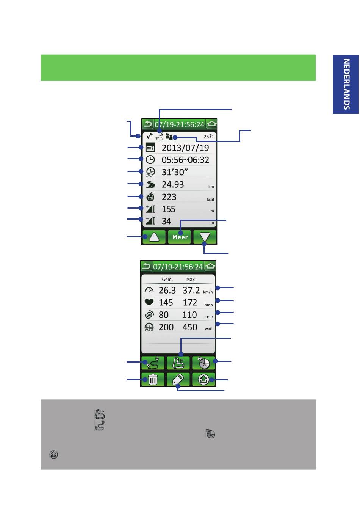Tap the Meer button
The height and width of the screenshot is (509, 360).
pos(180,237)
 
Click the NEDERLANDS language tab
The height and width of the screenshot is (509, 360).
pos(346,84)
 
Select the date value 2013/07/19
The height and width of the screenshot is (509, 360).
pos(185,148)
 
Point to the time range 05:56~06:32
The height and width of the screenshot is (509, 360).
pos(185,160)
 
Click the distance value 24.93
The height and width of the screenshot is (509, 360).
pos(173,184)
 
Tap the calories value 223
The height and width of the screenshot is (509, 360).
pos(169,197)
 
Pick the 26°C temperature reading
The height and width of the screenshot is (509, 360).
pos(208,137)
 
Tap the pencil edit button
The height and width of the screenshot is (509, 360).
pos(178,379)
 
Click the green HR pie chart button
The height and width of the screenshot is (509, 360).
pos(203,363)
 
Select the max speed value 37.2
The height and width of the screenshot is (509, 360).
pos(191,291)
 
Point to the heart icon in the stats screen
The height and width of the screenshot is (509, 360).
pos(149,302)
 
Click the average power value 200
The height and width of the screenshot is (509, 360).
pos(166,327)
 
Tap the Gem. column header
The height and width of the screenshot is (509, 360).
pos(167,279)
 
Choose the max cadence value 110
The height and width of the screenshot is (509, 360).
pos(189,315)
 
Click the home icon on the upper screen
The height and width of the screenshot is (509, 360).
pos(211,124)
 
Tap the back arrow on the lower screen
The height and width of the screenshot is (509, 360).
pos(146,266)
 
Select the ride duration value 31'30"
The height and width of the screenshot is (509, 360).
pos(175,172)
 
